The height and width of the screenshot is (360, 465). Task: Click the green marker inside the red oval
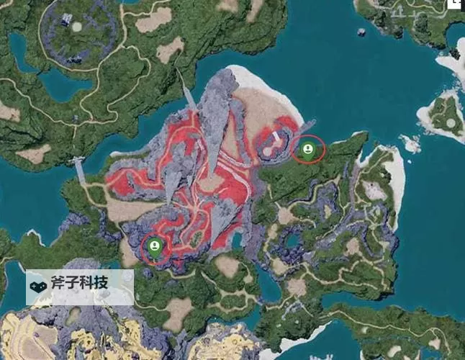tap(308, 149)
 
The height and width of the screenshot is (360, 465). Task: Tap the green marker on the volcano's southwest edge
tap(153, 247)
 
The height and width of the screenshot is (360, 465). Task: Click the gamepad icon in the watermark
tap(38, 285)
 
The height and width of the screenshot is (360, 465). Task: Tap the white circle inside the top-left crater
tap(77, 27)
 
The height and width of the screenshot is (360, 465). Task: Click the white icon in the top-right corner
tap(455, 4)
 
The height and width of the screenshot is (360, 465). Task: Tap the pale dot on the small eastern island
tap(450, 123)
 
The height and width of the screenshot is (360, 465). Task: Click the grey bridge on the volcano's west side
tap(79, 170)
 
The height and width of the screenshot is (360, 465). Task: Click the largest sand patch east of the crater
tap(153, 19)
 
